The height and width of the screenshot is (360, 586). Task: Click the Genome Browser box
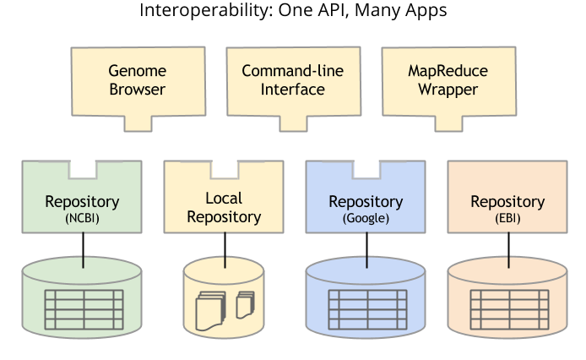tap(137, 80)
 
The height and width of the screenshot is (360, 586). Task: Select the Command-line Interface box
tap(283, 80)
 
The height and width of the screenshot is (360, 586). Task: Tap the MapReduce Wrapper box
tap(435, 80)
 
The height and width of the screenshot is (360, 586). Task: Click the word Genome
tap(137, 71)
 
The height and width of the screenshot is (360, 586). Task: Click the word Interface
tap(283, 90)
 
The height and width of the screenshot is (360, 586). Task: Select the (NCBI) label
tap(82, 218)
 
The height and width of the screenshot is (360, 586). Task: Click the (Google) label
tap(366, 218)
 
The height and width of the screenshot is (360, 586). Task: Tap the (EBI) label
tap(507, 218)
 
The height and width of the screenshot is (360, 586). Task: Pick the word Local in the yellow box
tap(224, 199)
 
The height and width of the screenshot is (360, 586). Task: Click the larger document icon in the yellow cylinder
tap(209, 310)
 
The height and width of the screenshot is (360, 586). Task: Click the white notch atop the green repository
tap(82, 169)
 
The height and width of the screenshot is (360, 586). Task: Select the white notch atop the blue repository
tap(366, 169)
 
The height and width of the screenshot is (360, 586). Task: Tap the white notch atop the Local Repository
tap(224, 169)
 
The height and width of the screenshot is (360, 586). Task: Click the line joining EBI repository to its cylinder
tap(507, 250)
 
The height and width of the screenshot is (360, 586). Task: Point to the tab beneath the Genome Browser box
tap(138, 123)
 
